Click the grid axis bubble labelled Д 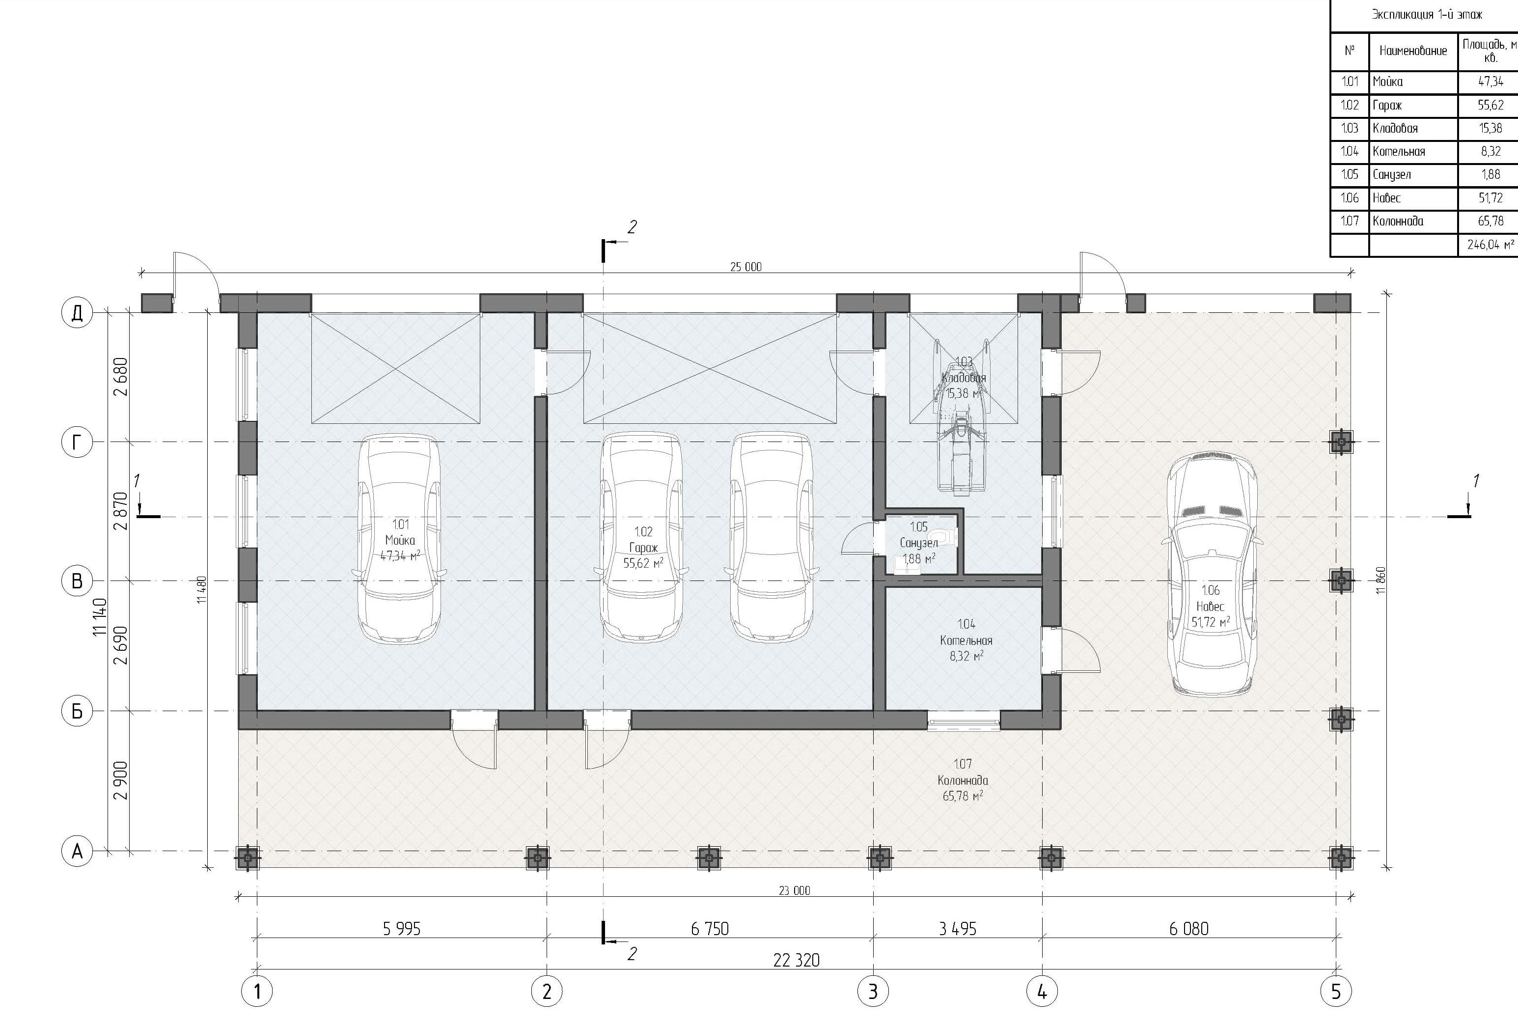point(77,313)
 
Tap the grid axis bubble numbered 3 point(873,992)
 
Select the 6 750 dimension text point(710,928)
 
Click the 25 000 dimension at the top point(745,267)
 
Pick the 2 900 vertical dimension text point(121,780)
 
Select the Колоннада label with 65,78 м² point(963,780)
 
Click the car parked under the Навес point(1212,574)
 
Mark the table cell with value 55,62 point(1490,105)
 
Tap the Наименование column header point(1413,50)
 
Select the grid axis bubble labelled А point(77,851)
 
